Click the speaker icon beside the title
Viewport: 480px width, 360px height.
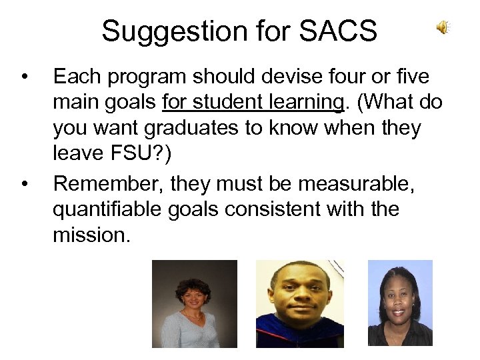443,27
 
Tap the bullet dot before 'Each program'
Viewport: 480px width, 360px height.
25,78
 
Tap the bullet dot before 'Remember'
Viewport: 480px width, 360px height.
25,184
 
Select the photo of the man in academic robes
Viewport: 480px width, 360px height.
300,304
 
